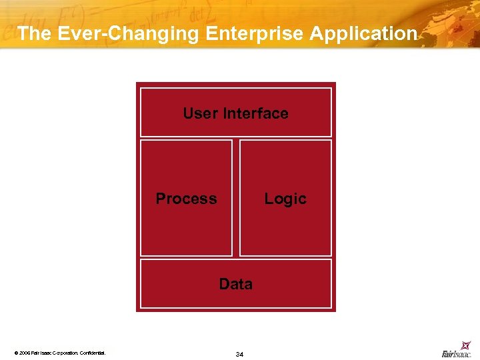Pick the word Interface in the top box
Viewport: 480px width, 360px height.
256,113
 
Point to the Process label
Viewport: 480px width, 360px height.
186,199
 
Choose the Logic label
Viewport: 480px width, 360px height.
285,199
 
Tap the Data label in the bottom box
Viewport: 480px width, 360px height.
236,284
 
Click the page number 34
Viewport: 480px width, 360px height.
239,354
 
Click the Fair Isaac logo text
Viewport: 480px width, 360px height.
456,354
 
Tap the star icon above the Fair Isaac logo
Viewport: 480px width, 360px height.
466,345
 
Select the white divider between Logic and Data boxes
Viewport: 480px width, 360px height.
285,258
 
